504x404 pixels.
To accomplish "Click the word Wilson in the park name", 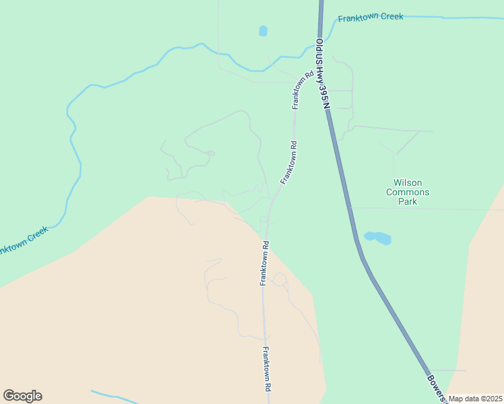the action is pos(408,182).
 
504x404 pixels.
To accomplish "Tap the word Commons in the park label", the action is pos(408,192).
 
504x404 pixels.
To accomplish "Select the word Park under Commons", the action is pos(408,201).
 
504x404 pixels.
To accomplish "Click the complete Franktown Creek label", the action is pos(371,18).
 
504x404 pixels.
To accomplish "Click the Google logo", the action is pos(22,396).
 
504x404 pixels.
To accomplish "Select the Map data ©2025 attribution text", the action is pos(475,399).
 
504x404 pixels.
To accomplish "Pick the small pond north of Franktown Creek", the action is pos(263,30).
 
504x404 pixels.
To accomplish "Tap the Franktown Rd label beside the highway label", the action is pos(301,91).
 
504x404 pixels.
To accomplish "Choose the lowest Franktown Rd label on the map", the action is pos(267,369).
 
